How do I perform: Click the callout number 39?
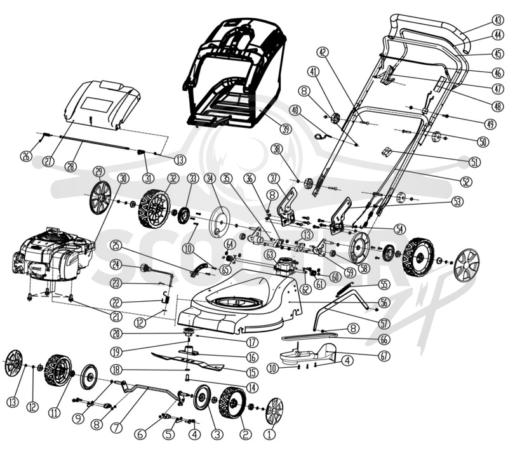[x=286, y=130]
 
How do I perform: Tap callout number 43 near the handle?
[x=498, y=20]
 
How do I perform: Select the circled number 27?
[x=49, y=161]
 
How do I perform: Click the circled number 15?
[x=252, y=372]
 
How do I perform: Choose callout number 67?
[x=384, y=356]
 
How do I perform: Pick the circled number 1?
[x=270, y=434]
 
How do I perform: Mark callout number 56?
[x=385, y=302]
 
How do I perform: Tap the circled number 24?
[x=116, y=265]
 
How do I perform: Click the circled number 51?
[x=474, y=161]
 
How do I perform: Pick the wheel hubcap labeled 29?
[x=100, y=198]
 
